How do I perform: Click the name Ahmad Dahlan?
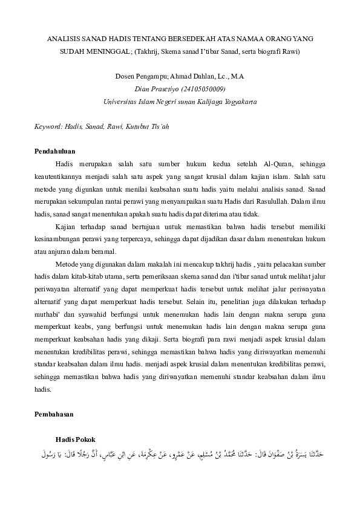point(195,77)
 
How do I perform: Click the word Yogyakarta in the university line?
point(239,102)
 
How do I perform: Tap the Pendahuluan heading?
point(59,151)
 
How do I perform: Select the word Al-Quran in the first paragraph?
point(279,164)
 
